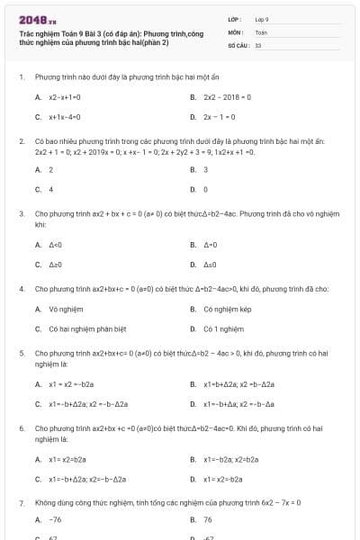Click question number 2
[21, 142]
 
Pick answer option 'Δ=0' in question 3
[211, 244]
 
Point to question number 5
[21, 354]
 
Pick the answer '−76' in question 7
[55, 519]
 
